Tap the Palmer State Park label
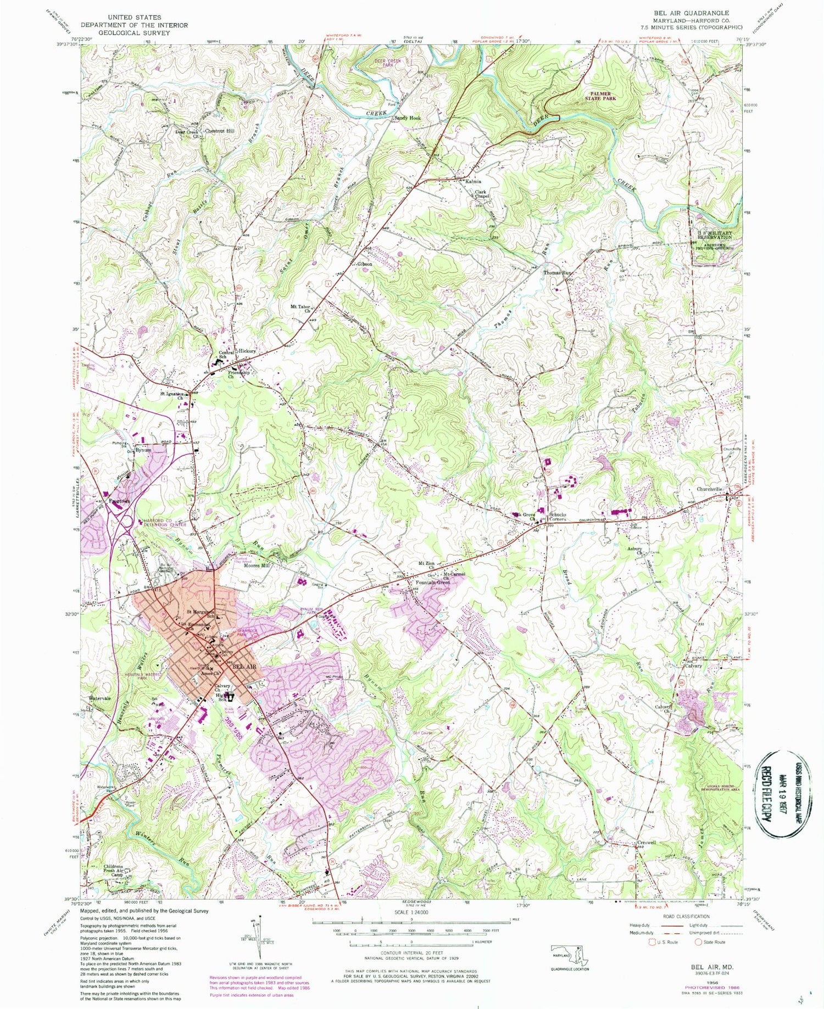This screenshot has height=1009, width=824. click(599, 96)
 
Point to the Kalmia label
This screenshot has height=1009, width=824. click(473, 181)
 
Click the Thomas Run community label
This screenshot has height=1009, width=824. click(558, 273)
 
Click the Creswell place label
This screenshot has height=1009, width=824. click(647, 842)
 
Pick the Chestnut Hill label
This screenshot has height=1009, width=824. click(219, 131)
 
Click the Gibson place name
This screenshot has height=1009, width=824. click(364, 264)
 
